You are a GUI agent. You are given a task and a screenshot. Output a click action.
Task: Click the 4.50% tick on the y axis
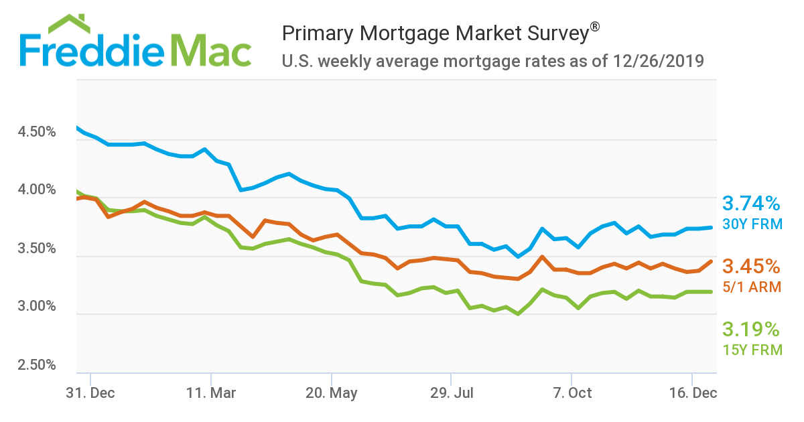pyautogui.click(x=37, y=132)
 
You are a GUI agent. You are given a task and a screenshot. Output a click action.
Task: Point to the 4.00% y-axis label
pyautogui.click(x=37, y=190)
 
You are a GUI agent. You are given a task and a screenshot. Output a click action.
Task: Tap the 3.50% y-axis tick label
pyautogui.click(x=37, y=249)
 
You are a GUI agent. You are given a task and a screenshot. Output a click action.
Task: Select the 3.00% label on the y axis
pyautogui.click(x=37, y=307)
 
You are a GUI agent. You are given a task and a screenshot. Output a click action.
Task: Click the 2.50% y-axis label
pyautogui.click(x=37, y=365)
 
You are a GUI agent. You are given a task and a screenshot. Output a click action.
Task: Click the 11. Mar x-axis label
pyautogui.click(x=210, y=393)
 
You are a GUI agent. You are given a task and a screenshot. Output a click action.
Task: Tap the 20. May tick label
pyautogui.click(x=331, y=393)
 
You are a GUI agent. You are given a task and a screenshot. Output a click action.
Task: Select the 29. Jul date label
pyautogui.click(x=452, y=393)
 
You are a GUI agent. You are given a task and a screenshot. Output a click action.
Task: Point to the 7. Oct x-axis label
pyautogui.click(x=572, y=393)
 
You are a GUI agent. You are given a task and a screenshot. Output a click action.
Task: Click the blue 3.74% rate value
pyautogui.click(x=751, y=204)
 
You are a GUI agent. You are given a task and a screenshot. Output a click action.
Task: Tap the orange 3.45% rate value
pyautogui.click(x=751, y=267)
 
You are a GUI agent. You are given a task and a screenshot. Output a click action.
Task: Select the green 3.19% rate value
pyautogui.click(x=751, y=330)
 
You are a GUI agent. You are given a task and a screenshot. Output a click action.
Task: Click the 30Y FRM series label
pyautogui.click(x=752, y=224)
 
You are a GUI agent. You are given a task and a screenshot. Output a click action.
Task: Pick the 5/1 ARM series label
pyautogui.click(x=752, y=287)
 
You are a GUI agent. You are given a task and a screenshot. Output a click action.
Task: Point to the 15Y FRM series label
pyautogui.click(x=752, y=350)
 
